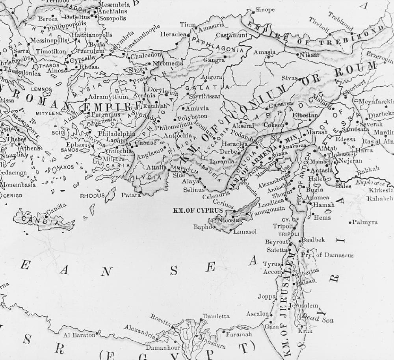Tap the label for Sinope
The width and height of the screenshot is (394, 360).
tap(265, 10)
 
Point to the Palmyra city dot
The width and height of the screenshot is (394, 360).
tap(350, 223)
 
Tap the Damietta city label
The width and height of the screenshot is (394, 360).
tap(216, 316)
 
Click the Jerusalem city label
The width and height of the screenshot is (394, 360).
tap(303, 306)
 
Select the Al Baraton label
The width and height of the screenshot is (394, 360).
tap(79, 335)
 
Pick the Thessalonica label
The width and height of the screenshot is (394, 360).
tap(22, 73)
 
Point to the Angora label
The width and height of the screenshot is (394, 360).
tap(212, 77)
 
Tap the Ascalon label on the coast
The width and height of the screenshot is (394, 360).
tap(257, 314)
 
